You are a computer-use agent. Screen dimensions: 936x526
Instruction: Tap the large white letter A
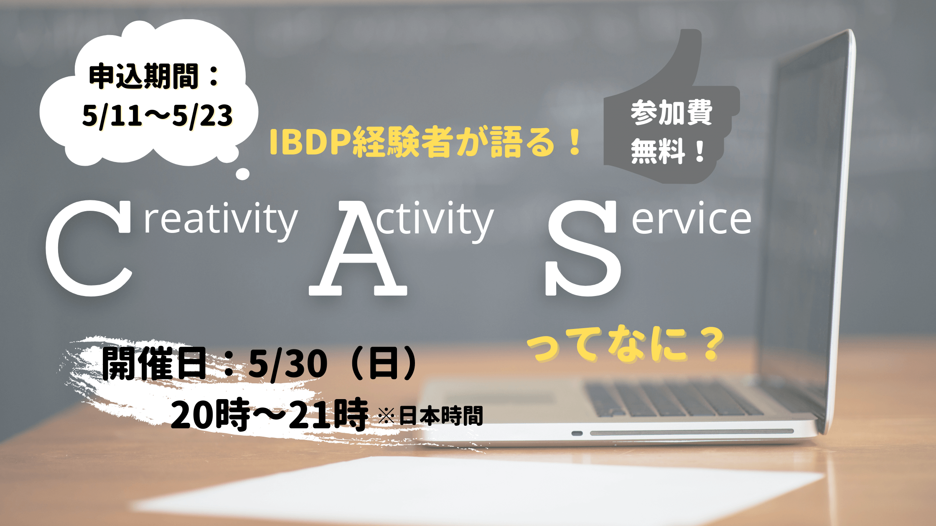(358, 250)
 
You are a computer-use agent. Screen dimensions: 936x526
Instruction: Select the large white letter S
(583, 248)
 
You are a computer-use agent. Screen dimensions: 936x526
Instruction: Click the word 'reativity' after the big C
(221, 220)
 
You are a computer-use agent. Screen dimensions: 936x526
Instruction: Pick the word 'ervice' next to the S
(692, 219)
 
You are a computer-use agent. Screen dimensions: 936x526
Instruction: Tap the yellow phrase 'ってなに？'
(625, 343)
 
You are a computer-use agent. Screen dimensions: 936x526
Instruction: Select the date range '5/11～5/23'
(157, 116)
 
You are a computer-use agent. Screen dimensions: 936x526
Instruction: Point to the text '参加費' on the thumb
(671, 112)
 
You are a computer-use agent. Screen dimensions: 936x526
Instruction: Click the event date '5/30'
(288, 363)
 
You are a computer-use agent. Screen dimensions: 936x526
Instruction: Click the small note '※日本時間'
(430, 416)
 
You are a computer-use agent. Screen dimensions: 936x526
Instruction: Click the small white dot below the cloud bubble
(242, 174)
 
